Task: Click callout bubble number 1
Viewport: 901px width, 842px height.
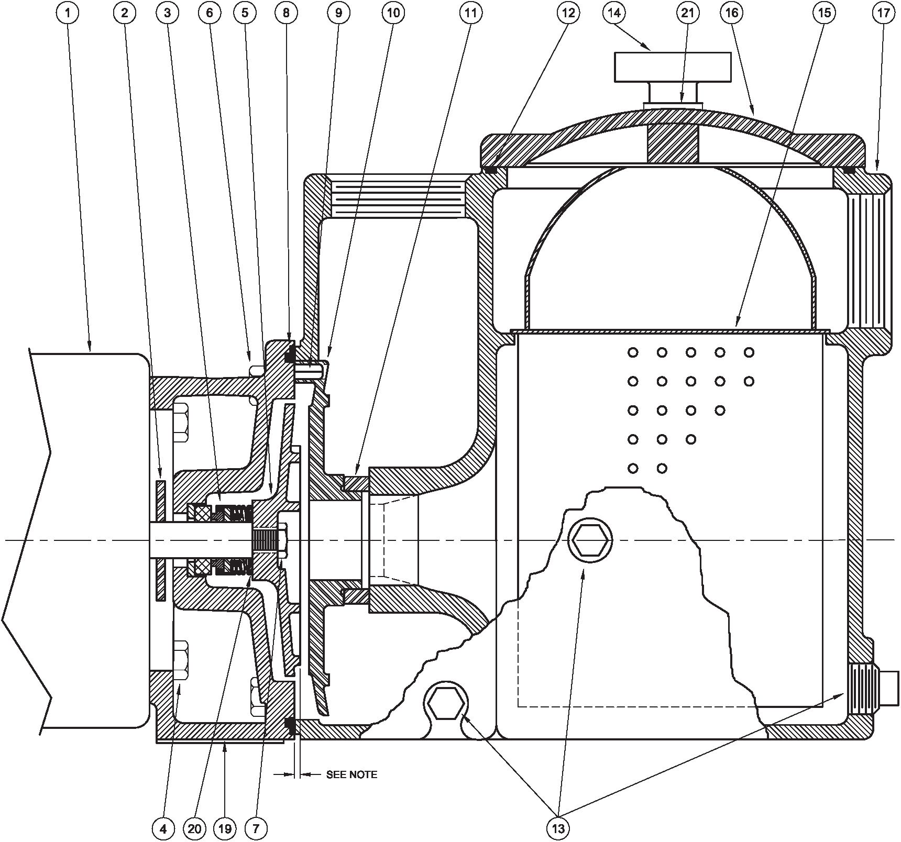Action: click(68, 13)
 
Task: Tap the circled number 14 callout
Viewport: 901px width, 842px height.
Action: click(614, 13)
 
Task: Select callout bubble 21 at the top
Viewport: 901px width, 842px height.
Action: click(687, 13)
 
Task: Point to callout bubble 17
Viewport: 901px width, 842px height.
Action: click(883, 13)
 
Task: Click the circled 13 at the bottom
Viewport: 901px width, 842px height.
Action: click(558, 828)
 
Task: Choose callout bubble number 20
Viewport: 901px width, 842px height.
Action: click(194, 828)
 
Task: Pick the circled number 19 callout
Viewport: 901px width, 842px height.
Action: click(224, 828)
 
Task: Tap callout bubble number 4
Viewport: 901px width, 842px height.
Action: click(163, 828)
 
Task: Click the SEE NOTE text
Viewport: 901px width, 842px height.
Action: click(351, 774)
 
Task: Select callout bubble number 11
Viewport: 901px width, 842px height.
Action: click(471, 13)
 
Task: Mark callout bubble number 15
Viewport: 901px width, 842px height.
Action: click(824, 13)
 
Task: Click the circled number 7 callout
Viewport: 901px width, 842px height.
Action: click(256, 828)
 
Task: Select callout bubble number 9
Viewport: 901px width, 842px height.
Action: click(338, 13)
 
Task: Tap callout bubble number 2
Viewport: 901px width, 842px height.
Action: click(124, 13)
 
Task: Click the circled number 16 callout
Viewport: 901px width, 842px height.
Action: click(732, 13)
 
